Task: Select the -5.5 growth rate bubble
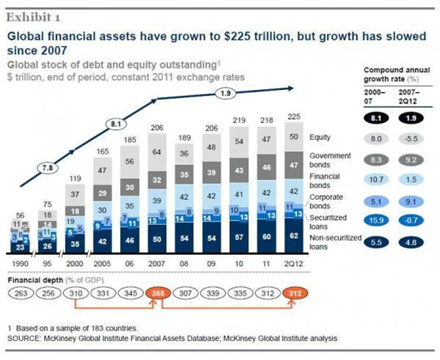pos(410,137)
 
